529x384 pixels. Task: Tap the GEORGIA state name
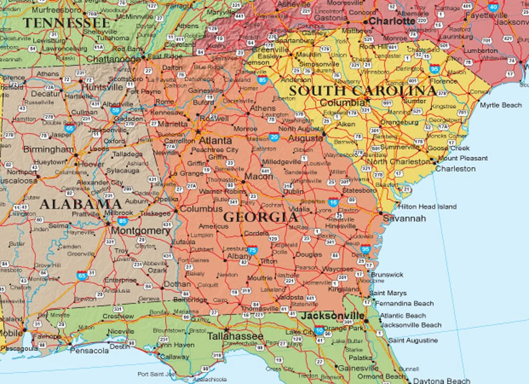260,217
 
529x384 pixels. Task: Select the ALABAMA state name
80,204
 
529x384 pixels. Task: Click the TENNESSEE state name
66,23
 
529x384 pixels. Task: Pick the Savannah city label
404,218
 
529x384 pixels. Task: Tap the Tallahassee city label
235,336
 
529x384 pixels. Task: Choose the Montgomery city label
141,231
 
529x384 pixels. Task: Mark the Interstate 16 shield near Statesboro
333,202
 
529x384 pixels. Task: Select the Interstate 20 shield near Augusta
274,137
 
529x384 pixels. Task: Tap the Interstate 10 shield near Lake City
319,331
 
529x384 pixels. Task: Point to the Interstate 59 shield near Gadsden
116,110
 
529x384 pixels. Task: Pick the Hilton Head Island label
428,206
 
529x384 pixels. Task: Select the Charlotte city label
392,21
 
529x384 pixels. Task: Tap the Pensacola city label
90,350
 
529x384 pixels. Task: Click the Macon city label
258,177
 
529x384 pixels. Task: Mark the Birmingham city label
48,150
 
